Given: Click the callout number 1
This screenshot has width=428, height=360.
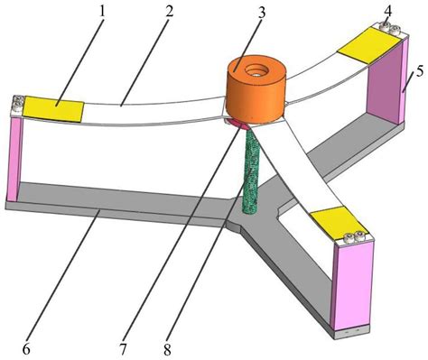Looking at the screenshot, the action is coord(102,13).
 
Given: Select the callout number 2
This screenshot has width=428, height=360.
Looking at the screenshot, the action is coord(170,12).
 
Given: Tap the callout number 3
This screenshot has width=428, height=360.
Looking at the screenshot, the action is coord(262,13).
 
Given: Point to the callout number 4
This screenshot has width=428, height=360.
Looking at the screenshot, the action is coord(387,11).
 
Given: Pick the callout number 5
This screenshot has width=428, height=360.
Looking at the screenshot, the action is coord(420,71).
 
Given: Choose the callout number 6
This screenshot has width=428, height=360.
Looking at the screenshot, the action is coord(27,349).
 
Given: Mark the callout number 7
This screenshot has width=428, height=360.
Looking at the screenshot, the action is coord(122,349).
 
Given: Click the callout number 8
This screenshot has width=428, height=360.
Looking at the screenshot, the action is coord(167,349).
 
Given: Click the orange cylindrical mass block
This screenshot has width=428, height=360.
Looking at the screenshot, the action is coord(256,90).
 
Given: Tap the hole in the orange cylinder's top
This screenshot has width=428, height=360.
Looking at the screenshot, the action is coord(256,71).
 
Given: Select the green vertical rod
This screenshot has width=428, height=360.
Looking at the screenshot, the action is coord(251,171).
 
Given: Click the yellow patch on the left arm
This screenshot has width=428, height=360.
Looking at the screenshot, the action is coord(53,109).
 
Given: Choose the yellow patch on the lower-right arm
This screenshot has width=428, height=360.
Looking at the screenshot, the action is coord(339,223).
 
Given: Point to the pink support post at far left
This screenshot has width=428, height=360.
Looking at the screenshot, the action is coord(14,159).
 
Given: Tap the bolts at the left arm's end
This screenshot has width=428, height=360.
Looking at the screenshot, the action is coord(18,104).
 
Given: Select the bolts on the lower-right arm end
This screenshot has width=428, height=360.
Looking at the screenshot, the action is coord(354,236).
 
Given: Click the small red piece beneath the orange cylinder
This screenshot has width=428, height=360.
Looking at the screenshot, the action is coord(237,124).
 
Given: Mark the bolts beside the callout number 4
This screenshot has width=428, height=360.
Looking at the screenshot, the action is coord(389,28).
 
